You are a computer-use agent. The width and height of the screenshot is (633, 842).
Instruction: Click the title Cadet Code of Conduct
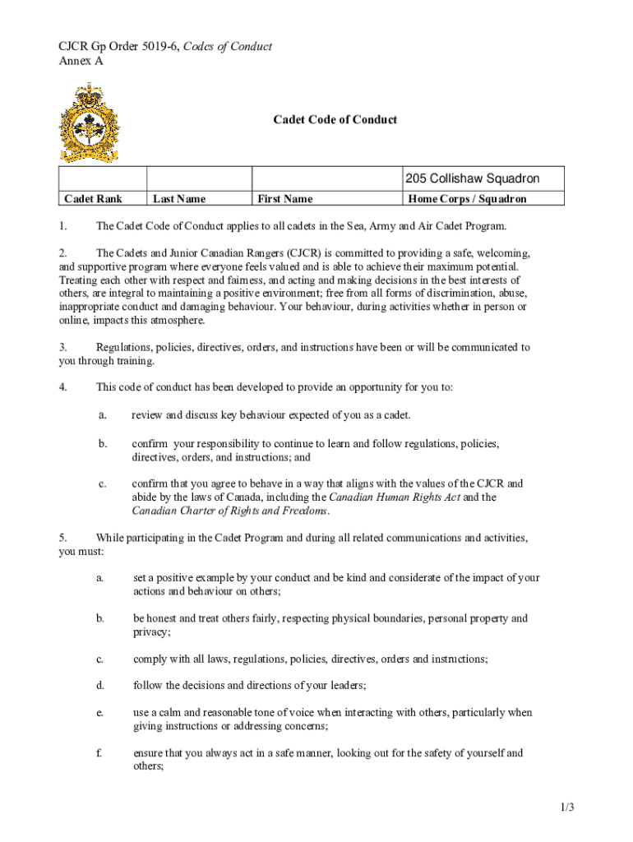click(x=335, y=120)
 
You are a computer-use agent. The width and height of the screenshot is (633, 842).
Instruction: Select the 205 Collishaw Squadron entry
click(x=472, y=179)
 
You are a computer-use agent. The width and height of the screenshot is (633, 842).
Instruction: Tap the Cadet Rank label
click(x=93, y=199)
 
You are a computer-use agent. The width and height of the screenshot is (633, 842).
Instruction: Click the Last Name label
click(x=179, y=199)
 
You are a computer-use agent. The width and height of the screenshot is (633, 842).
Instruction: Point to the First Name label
click(x=284, y=199)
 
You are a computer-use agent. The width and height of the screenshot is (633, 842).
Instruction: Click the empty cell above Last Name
click(x=198, y=179)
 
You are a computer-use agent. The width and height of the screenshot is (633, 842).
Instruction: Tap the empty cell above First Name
click(x=326, y=179)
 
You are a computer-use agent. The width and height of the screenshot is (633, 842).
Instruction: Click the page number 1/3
click(x=566, y=808)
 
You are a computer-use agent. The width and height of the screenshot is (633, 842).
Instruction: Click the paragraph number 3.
click(x=62, y=348)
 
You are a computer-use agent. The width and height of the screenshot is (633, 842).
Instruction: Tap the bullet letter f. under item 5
click(x=99, y=752)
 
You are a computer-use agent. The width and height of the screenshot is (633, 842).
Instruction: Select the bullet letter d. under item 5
click(x=99, y=685)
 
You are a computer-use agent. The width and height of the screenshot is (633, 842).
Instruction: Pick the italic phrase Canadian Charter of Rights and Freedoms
click(x=230, y=511)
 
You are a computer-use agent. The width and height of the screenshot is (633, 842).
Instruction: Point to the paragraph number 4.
click(x=62, y=387)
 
